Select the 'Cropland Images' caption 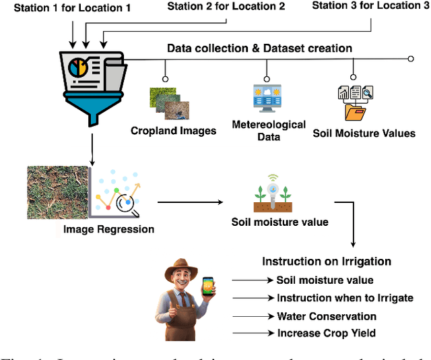[x=174, y=130]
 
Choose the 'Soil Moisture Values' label [x=364, y=133]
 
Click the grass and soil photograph [x=57, y=191]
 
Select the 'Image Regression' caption [x=108, y=229]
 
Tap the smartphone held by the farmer [x=208, y=289]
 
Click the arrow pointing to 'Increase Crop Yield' [x=252, y=333]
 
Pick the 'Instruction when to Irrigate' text [x=345, y=298]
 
